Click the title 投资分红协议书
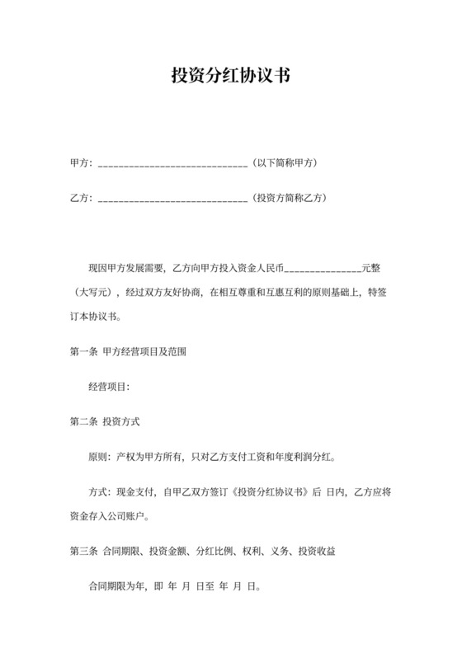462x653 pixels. (x=230, y=77)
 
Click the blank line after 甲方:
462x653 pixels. (x=172, y=164)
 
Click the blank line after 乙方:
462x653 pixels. (x=172, y=199)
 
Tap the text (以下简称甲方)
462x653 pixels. (x=285, y=163)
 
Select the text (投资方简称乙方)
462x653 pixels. (x=290, y=198)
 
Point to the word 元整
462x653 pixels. (x=371, y=269)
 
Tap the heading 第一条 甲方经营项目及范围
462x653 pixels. (x=128, y=351)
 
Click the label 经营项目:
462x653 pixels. (x=108, y=386)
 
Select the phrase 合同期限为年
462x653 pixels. (x=116, y=589)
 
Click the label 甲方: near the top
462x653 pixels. (x=82, y=163)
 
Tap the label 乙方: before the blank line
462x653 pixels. (x=82, y=198)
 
